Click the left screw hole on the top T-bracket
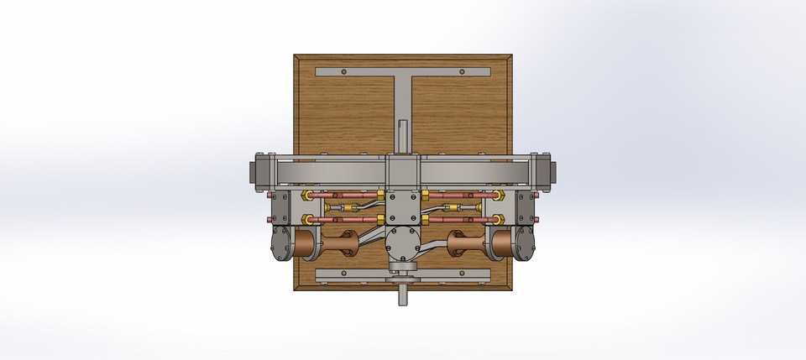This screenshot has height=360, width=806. pyautogui.click(x=343, y=71)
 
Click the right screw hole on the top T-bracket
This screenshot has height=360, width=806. pyautogui.click(x=461, y=71)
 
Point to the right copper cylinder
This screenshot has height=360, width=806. pyautogui.click(x=502, y=244)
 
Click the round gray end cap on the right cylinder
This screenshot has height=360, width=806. pyautogui.click(x=527, y=244)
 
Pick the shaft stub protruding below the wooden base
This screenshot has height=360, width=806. pyautogui.click(x=403, y=295)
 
